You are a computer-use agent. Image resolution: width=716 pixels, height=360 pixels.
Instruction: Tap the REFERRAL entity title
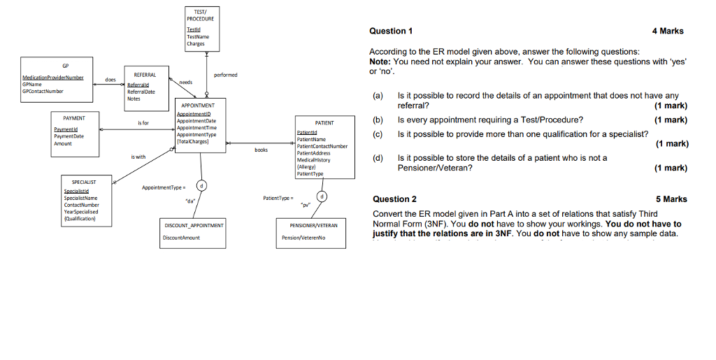(x=145, y=74)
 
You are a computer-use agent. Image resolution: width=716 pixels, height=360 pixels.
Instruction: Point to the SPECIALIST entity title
(x=84, y=181)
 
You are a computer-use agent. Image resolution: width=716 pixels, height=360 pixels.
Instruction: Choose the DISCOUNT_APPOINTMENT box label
(x=194, y=226)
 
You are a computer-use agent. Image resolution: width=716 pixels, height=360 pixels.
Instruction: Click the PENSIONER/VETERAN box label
(x=313, y=226)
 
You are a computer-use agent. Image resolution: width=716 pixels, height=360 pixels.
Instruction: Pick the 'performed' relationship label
(x=226, y=75)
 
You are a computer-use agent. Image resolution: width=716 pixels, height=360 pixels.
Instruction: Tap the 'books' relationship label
(x=261, y=150)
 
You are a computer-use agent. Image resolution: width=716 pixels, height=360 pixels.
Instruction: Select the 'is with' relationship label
(x=138, y=157)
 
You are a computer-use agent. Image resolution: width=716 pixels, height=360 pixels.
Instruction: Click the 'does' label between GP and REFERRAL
(x=110, y=80)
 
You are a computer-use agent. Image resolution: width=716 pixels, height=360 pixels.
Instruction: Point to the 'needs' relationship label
(x=186, y=82)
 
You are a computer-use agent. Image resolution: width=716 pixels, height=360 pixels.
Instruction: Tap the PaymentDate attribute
(x=68, y=136)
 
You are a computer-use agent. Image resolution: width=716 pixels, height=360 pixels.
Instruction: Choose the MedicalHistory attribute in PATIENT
(x=313, y=159)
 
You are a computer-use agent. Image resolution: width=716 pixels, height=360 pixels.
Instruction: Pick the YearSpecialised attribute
(x=81, y=211)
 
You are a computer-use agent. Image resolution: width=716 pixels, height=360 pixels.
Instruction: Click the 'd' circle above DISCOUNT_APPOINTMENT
(x=201, y=186)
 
